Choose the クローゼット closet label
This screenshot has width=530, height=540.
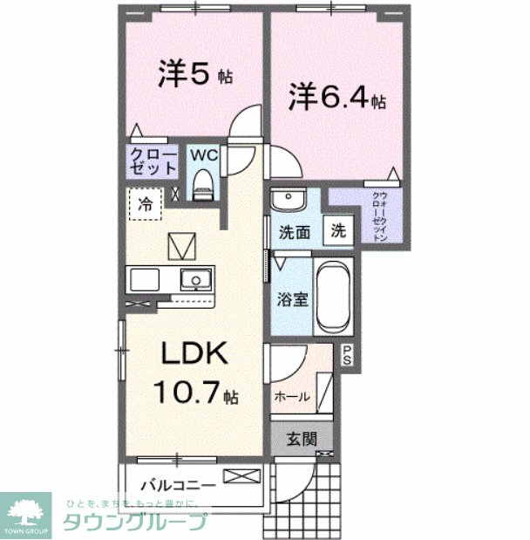pyautogui.click(x=153, y=162)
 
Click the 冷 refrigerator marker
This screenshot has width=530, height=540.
pyautogui.click(x=146, y=205)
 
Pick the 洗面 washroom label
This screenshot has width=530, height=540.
pyautogui.click(x=295, y=233)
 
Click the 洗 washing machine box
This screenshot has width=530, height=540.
pyautogui.click(x=338, y=231)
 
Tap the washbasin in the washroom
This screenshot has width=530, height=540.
pyautogui.click(x=287, y=202)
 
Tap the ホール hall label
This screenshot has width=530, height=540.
pyautogui.click(x=291, y=397)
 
